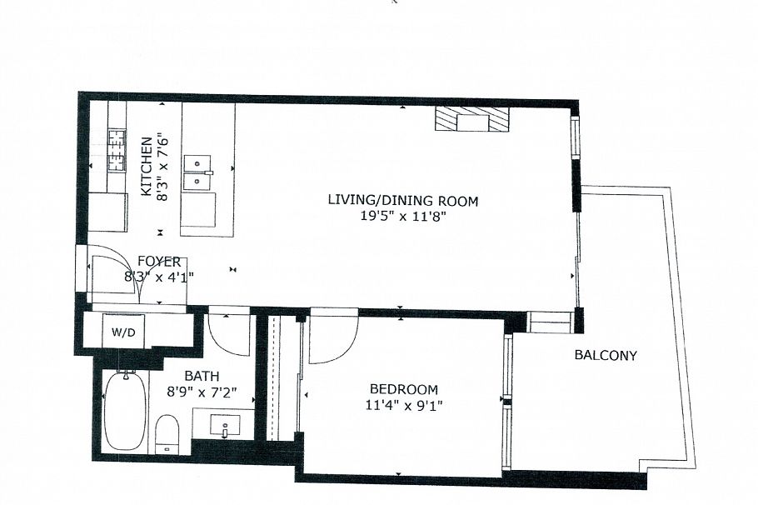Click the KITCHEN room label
tap(146, 167)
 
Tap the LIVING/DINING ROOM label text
tap(403, 200)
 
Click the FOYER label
tap(159, 262)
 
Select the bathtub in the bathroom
tap(125, 411)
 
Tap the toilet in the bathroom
tap(167, 433)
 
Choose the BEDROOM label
tap(403, 389)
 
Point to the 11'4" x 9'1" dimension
tap(403, 406)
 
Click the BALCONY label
tap(606, 355)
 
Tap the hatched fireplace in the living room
tap(471, 120)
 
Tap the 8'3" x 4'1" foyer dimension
tap(159, 277)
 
